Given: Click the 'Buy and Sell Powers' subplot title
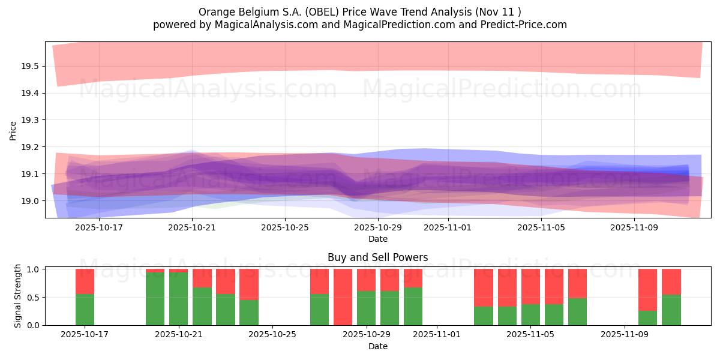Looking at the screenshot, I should click(377, 257).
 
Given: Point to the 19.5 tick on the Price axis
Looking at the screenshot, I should click(30, 66).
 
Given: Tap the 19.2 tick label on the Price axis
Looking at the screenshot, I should click(30, 147).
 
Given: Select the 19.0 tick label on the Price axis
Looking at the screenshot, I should click(30, 201).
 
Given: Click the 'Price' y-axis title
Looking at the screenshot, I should click(13, 130).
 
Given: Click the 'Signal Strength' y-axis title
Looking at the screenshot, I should click(18, 296).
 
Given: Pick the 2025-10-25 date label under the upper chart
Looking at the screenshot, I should click(285, 227).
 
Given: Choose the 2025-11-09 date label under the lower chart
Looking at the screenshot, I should click(625, 334).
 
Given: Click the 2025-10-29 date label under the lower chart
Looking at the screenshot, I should click(366, 334).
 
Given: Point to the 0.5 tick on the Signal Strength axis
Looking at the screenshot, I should click(33, 298).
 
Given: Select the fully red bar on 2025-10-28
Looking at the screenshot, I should click(343, 297).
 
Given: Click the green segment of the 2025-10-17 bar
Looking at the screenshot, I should click(85, 310).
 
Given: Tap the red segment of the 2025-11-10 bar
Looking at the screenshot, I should click(647, 289).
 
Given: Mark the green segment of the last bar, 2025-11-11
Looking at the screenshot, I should click(671, 310).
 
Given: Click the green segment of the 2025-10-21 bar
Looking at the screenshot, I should click(179, 299).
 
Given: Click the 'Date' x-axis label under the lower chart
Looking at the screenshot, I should click(377, 346).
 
